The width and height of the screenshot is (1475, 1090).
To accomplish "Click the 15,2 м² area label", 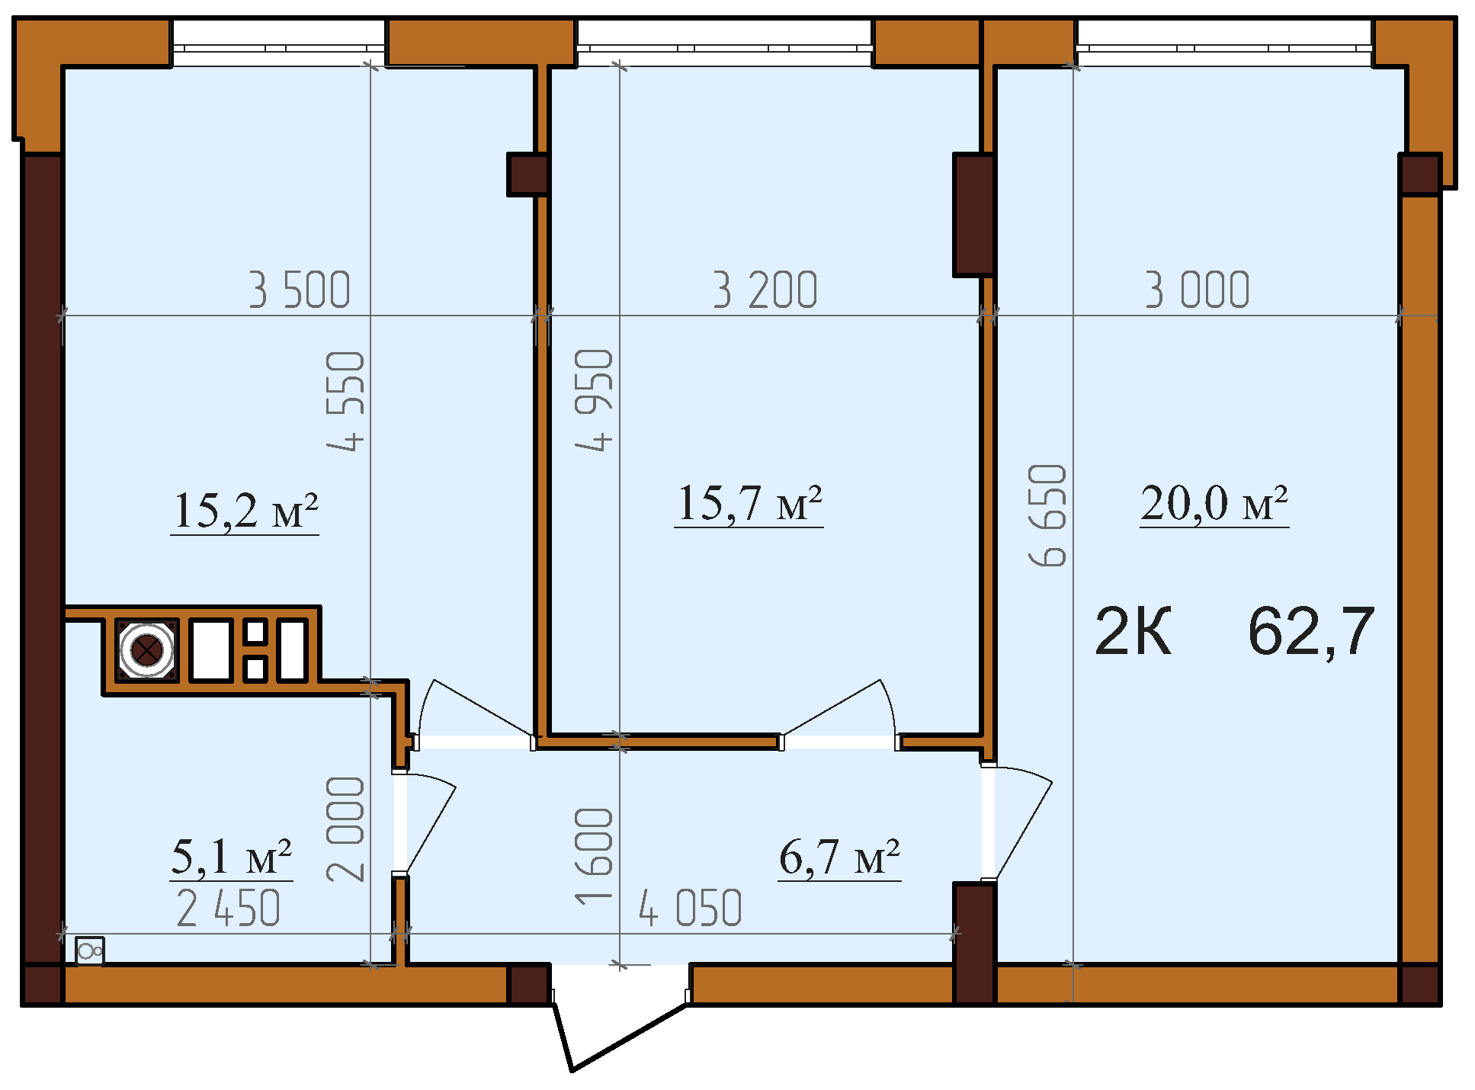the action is point(245,510).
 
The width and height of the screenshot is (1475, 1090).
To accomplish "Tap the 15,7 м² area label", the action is point(749,503).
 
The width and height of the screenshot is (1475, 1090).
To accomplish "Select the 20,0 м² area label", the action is point(1214,503).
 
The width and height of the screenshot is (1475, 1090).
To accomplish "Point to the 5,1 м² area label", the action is point(232,857).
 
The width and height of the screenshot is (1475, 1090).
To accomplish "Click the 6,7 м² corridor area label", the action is point(839,857).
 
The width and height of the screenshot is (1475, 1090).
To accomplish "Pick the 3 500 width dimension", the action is point(300,290).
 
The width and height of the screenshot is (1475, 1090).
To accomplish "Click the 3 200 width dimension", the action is point(765,290).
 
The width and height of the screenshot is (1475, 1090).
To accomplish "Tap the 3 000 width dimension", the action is point(1198,290).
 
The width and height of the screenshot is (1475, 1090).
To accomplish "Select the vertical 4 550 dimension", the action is point(346,401).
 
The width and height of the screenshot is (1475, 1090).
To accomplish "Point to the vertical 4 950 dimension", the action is point(594,400).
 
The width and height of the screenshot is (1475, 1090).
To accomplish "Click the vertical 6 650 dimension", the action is point(1047,515).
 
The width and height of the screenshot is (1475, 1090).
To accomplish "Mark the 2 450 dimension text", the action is point(229,909).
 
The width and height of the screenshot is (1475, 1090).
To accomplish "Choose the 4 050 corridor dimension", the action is point(691,909).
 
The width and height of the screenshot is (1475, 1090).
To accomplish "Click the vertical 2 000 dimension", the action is point(346,829).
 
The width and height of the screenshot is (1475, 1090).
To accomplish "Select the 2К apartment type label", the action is point(1133,631).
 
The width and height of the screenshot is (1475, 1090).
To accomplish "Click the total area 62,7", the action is point(1311,631).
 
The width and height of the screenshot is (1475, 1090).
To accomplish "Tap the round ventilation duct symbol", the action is point(146,650).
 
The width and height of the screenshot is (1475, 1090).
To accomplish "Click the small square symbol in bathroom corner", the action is point(90,951).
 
